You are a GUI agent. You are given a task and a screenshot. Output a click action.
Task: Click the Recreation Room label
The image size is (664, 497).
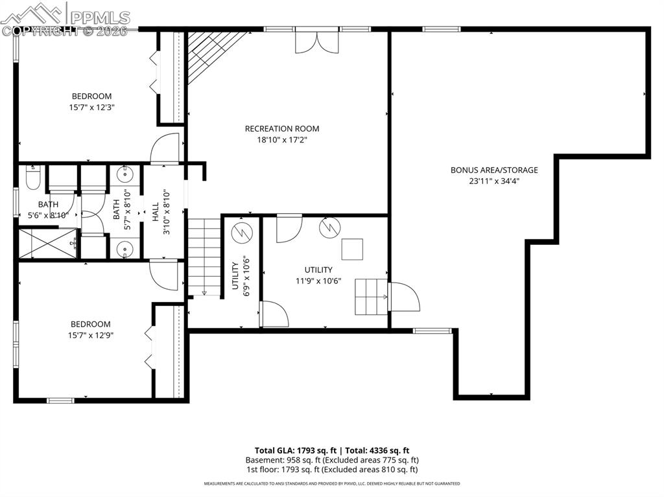click(281, 128)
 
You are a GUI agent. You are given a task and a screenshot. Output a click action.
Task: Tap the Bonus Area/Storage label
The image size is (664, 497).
click(494, 170)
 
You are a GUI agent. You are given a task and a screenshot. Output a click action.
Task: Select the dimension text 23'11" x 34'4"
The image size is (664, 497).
click(494, 181)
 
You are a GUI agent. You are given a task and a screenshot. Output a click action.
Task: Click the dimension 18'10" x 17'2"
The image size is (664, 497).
click(281, 140)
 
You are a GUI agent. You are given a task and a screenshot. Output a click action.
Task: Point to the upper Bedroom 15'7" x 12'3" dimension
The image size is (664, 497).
click(91, 108)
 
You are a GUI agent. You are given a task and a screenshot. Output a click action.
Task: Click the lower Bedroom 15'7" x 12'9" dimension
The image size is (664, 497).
click(91, 336)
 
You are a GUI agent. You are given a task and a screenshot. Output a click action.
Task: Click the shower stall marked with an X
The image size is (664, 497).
click(47, 243)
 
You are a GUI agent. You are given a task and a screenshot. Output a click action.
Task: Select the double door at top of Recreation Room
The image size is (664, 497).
click(316, 41)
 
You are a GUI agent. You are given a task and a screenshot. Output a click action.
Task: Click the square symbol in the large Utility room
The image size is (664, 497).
click(352, 249)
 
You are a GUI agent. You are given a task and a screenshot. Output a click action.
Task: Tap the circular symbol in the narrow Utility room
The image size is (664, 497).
click(241, 232)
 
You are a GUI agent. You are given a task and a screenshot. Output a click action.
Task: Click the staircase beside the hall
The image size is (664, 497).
click(204, 257)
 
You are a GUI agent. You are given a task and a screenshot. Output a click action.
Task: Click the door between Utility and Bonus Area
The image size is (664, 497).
click(403, 297)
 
